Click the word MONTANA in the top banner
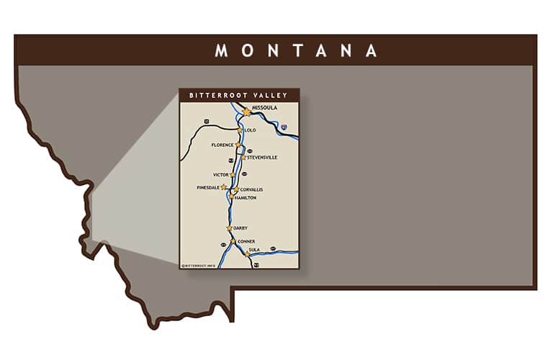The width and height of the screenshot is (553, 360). pos(296,50)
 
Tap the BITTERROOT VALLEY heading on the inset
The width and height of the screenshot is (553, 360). pos(238,95)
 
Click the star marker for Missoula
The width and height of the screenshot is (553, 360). pos(247,112)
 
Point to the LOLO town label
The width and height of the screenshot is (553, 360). pos(251,130)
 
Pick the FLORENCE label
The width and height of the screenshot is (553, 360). pos(222,145)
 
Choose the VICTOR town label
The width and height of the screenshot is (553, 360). pos(220,175)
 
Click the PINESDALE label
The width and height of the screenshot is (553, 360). pos(208,187)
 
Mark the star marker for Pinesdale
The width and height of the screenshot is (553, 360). pos(223,187)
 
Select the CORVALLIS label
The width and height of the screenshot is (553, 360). pos(251,189)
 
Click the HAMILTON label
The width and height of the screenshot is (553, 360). pos(246,197)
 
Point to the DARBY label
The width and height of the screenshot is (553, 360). pos(240,228)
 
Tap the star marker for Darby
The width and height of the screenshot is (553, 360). pos(230,228)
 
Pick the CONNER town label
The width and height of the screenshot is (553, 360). pos(246,241)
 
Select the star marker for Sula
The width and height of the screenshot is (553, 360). pos(247,254)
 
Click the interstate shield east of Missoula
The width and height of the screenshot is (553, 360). pos(284,127)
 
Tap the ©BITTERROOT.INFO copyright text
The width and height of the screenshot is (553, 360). pos(198,266)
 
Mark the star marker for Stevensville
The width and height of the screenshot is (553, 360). pos(244,157)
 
